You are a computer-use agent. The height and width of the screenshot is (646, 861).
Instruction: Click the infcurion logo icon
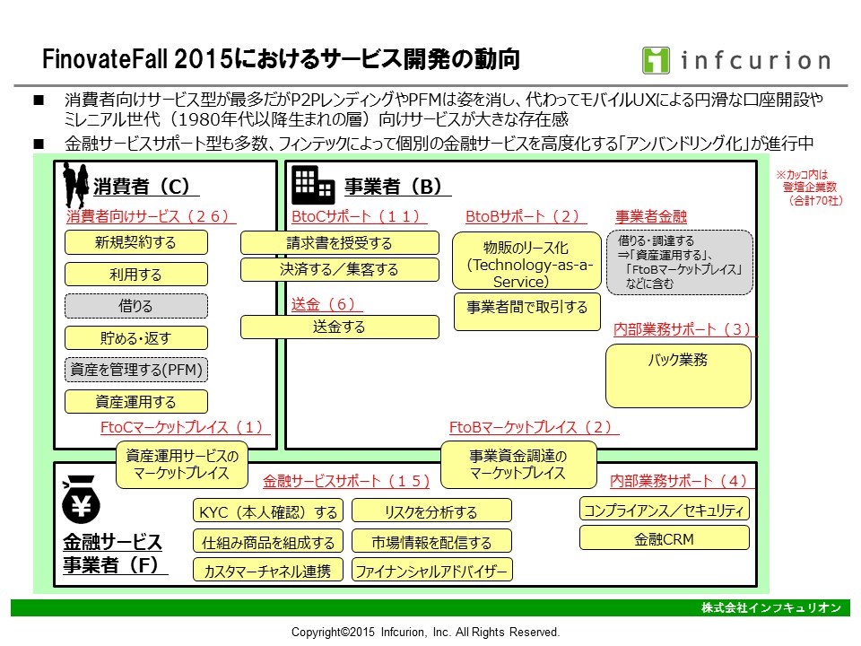coord(657,59)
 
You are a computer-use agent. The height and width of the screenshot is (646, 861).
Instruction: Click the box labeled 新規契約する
coord(136,242)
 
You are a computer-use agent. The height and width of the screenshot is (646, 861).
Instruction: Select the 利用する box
coord(136,274)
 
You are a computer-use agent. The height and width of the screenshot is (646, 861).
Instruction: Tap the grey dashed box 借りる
coord(136,306)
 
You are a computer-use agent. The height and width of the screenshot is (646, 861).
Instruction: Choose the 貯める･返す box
coord(136,337)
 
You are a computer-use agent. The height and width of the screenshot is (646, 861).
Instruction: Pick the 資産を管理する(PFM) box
coord(136,370)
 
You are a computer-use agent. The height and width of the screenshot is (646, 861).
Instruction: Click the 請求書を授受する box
coord(340,242)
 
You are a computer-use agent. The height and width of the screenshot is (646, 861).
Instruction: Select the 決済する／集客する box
coord(340,269)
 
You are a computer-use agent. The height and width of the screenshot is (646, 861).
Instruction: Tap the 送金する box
coord(340,327)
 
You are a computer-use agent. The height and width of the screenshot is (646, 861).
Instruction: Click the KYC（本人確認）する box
coord(268,511)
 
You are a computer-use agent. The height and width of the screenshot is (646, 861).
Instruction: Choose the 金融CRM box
coord(664,538)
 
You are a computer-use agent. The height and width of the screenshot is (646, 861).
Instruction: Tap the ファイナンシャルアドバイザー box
coord(431,570)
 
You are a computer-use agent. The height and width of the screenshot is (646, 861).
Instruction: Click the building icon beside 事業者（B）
coord(313,185)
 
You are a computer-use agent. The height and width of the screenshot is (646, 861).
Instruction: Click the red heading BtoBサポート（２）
coord(526,216)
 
